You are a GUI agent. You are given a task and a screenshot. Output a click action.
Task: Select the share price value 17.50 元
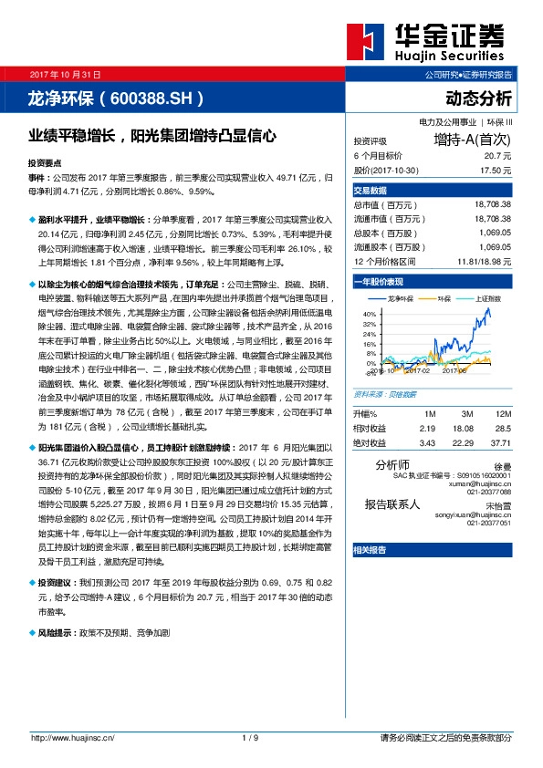pos(495,170)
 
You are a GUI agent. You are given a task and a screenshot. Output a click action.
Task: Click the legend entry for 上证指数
pos(488,298)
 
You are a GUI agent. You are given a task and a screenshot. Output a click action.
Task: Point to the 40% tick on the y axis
pos(369,313)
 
